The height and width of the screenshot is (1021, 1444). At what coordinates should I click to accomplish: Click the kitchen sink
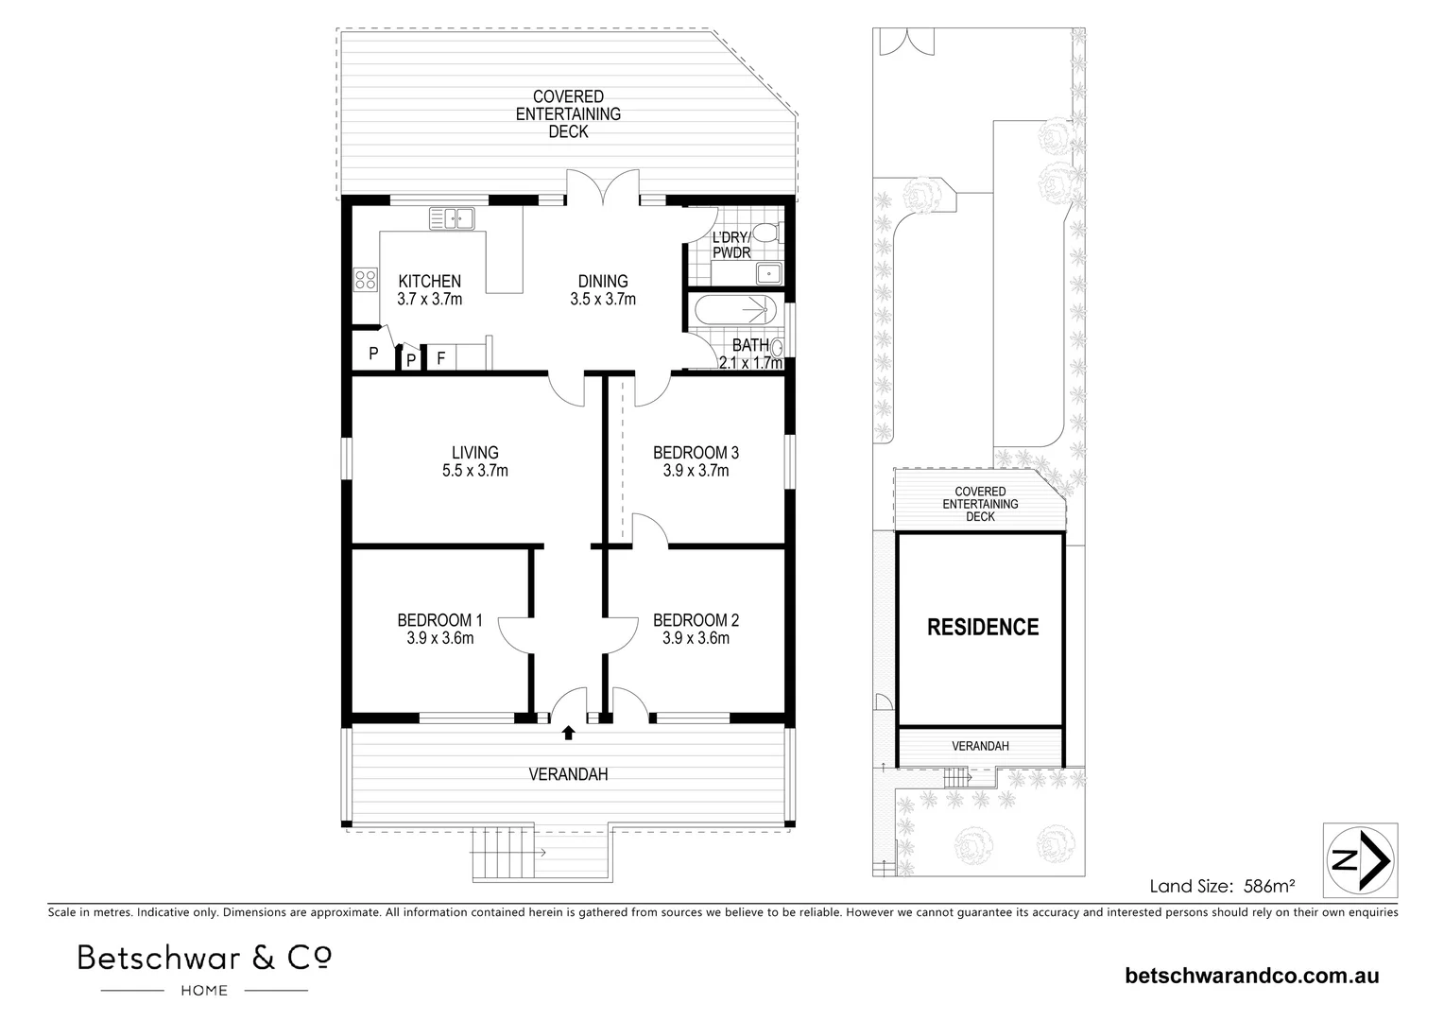pos(452,218)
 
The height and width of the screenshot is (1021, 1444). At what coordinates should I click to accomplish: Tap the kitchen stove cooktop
pos(364,280)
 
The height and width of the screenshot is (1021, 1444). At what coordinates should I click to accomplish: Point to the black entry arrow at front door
pos(568,732)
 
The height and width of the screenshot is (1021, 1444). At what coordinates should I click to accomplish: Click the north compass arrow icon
pos(1359,859)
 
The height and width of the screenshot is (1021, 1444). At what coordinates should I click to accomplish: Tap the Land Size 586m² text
pos(1221,886)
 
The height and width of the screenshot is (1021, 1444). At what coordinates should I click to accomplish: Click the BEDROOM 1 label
pos(439,620)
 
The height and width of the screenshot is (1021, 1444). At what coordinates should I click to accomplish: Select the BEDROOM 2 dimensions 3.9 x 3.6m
pos(696,638)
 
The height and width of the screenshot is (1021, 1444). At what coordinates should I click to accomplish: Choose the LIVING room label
pos(474,453)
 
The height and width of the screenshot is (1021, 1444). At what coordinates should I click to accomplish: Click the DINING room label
pos(603,281)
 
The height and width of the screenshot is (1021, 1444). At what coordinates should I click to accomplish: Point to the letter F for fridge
pos(440,358)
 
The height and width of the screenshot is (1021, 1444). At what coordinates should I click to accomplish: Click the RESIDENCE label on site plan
pos(982,627)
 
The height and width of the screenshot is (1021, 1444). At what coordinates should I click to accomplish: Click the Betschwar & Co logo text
pos(204,958)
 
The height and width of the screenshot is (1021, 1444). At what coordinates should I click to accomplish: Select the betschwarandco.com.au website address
pos(1252,976)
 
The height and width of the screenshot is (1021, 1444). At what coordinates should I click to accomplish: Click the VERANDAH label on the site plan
pos(980,746)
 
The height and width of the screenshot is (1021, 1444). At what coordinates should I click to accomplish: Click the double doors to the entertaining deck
pos(603,189)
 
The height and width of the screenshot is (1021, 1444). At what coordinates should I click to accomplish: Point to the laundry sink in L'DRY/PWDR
pos(767,274)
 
